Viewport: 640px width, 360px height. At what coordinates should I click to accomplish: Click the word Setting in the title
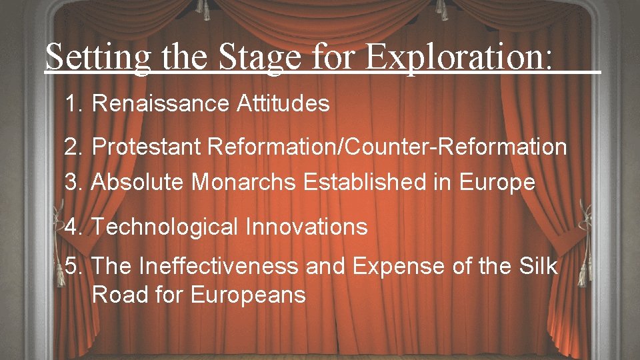98,57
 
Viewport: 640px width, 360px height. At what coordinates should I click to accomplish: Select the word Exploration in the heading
459,57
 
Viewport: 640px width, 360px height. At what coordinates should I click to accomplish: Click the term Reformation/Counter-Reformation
387,147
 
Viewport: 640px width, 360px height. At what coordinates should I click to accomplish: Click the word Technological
165,227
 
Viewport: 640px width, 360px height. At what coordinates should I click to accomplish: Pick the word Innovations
306,227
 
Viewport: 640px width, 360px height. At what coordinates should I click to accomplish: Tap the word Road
118,294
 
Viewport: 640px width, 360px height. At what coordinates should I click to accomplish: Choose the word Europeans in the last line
248,294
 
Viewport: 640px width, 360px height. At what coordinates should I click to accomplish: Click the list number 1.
73,103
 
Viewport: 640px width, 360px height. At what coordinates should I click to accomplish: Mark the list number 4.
73,227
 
